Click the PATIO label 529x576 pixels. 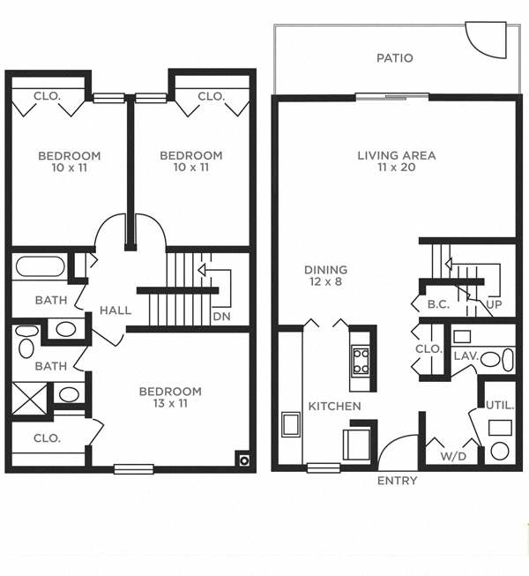pos(394,59)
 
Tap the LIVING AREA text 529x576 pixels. pos(396,155)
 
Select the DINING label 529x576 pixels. pos(325,270)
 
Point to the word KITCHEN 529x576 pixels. pos(334,406)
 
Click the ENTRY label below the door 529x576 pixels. pos(397,481)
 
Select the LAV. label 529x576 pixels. pos(465,355)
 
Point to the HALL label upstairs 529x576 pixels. pos(115,310)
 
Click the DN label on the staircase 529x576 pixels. pos(221,316)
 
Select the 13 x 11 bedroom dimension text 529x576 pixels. pos(170,404)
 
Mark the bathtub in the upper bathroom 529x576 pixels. pos(40,267)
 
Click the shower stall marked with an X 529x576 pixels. pos(30,397)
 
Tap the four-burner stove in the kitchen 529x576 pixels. pos(361,359)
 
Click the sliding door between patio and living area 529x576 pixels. pos(391,96)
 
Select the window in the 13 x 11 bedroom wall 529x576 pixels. pos(133,468)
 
